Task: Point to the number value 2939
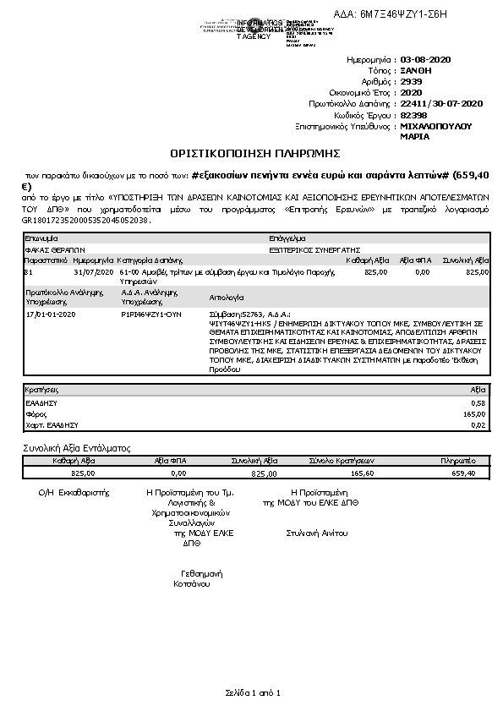[x=412, y=82]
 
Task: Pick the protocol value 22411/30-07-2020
[x=440, y=104]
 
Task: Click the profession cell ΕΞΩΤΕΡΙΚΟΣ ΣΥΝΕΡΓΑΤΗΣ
[x=314, y=250]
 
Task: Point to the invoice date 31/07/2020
[x=93, y=272]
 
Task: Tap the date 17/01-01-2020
[x=52, y=314]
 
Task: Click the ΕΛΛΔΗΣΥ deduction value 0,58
[x=478, y=403]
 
